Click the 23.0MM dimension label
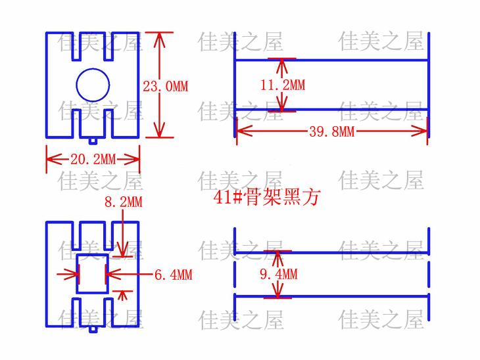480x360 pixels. (165, 86)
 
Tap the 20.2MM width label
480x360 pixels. (93, 159)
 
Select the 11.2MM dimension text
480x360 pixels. (283, 85)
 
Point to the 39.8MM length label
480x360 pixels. (331, 131)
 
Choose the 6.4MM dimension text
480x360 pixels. (173, 275)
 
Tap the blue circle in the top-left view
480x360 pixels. (93, 84)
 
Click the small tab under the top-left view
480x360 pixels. (93, 140)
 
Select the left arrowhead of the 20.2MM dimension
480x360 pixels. (51, 159)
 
